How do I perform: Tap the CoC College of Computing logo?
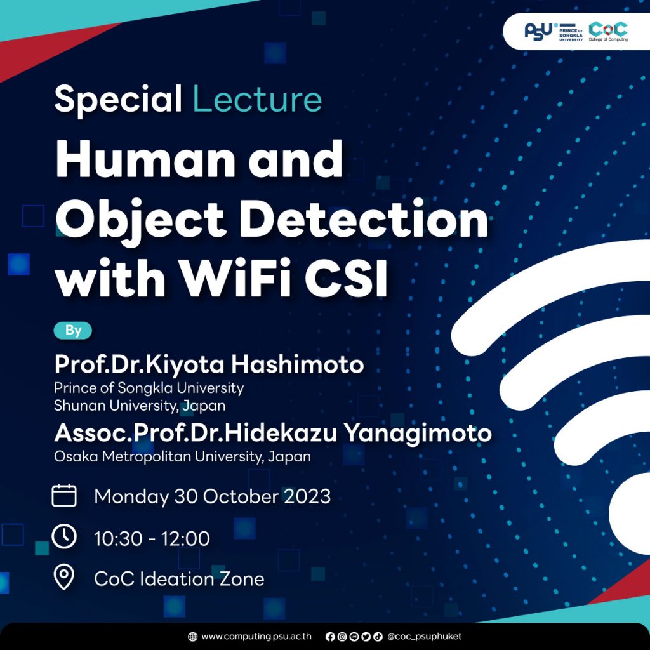[607, 30]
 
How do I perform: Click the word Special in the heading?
[118, 100]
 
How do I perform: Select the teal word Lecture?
[256, 100]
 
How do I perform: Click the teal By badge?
[73, 330]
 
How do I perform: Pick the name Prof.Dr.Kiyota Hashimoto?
[209, 364]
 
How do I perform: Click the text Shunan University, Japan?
[140, 404]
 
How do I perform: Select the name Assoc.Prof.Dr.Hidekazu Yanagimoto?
[273, 433]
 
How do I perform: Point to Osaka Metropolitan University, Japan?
[182, 456]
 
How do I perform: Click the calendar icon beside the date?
[64, 495]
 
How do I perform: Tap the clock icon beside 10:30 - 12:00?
[64, 537]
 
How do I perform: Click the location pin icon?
[64, 578]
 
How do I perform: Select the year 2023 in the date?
[306, 496]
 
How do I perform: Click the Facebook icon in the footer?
[329, 636]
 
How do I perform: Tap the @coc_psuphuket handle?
[424, 636]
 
